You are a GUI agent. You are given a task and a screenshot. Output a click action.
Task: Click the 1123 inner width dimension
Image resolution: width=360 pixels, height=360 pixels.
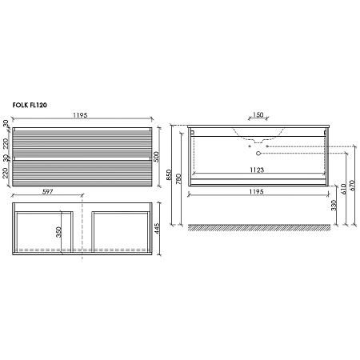(x=255, y=170)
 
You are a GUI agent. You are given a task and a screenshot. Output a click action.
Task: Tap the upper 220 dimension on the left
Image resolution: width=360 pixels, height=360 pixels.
(x=6, y=144)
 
